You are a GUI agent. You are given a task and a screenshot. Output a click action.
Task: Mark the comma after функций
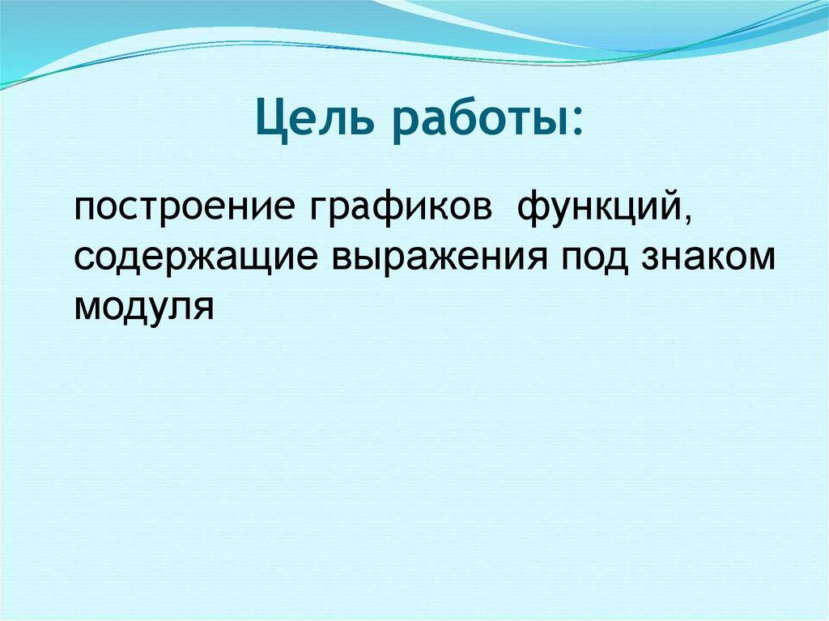pyautogui.click(x=688, y=219)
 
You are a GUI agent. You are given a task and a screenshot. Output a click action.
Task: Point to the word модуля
pyautogui.click(x=143, y=307)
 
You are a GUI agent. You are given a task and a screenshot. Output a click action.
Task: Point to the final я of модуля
pyautogui.click(x=203, y=307)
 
